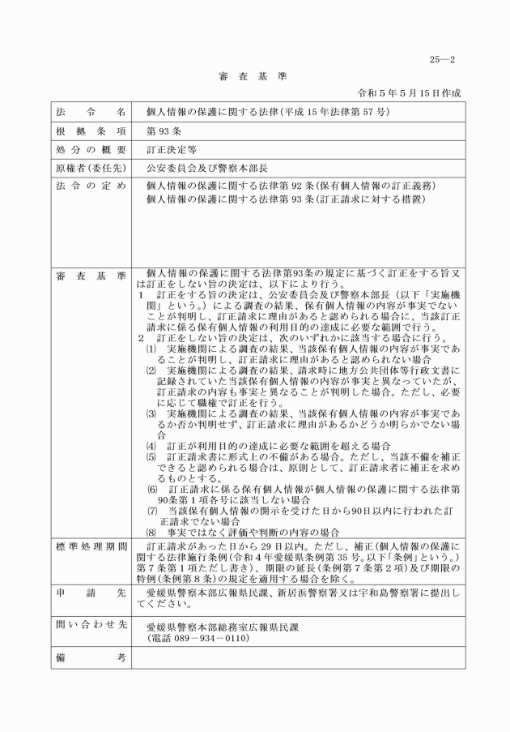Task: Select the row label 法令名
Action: pos(91,111)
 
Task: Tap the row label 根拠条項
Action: pos(91,131)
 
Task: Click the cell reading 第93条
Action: pos(160,131)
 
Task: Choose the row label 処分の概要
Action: pos(91,150)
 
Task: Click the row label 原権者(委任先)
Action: pos(91,169)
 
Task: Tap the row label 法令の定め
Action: pos(91,186)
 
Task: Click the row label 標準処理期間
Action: pos(91,546)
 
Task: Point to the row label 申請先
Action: pos(91,593)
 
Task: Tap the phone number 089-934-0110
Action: pos(206,638)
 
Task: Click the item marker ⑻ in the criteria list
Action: pos(151,532)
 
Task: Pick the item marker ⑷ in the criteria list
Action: pos(151,447)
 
